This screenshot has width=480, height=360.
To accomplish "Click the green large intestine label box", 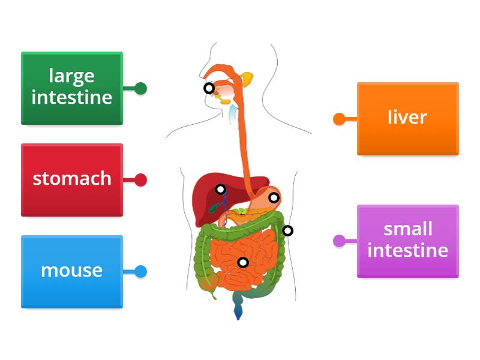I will click(x=72, y=88).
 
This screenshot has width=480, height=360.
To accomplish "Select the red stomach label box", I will click(x=72, y=179).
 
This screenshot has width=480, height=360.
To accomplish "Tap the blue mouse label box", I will click(x=72, y=271).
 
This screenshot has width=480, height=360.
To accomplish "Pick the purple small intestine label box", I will click(x=408, y=241).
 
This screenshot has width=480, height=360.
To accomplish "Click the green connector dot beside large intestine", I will click(x=141, y=89).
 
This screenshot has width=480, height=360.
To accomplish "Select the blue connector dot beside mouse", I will click(x=141, y=272).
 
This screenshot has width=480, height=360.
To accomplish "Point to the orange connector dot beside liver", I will click(x=339, y=119).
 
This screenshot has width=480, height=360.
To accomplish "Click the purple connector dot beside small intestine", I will click(x=339, y=241).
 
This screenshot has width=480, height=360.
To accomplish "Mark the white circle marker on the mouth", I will click(x=209, y=88).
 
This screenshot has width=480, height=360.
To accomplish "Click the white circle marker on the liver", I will click(x=221, y=189).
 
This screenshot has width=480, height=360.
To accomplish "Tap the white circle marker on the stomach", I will click(x=274, y=197).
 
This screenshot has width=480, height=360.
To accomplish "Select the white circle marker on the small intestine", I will click(x=243, y=262).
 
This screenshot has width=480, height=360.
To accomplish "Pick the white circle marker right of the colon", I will click(x=288, y=230).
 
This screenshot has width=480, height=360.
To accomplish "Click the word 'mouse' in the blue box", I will click(x=72, y=271).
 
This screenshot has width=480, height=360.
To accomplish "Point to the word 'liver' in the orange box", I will click(x=407, y=117).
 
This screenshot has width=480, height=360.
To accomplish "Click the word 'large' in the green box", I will click(x=72, y=76).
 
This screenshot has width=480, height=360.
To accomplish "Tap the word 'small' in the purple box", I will click(x=408, y=229).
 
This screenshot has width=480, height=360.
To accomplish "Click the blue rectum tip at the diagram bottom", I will click(x=238, y=311).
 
